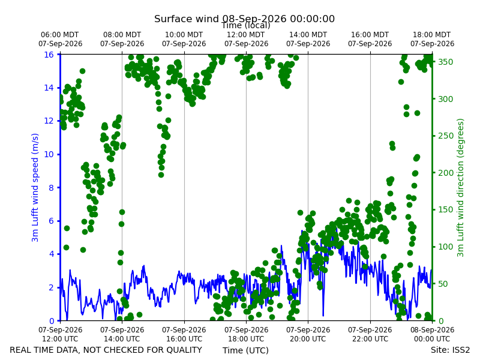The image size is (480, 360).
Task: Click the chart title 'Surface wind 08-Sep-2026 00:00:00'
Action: (244, 19)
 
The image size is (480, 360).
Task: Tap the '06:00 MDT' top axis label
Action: (59, 35)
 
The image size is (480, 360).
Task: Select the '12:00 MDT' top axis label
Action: (246, 35)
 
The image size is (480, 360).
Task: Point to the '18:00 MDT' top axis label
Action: (431, 35)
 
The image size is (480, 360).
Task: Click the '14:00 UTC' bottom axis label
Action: (122, 339)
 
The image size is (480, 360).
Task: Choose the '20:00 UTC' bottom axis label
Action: (308, 339)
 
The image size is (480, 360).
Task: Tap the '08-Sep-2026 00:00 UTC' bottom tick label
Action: (432, 334)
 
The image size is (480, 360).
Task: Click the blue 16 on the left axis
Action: (49, 55)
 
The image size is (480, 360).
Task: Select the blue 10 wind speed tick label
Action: (49, 154)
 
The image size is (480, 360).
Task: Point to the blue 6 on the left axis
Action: (52, 221)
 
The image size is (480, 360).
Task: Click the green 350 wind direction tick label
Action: (445, 62)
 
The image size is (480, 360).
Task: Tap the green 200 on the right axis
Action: (445, 173)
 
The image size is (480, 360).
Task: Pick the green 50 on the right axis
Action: (443, 284)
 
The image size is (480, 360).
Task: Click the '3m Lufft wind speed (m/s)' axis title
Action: (35, 187)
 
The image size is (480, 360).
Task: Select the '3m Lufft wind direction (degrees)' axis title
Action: (460, 188)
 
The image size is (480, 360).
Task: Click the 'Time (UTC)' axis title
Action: (245, 350)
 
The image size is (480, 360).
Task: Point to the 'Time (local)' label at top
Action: (246, 25)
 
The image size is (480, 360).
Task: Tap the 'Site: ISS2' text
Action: (450, 350)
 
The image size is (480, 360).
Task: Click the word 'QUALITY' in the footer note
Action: (182, 350)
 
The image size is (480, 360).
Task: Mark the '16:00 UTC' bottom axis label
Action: (184, 339)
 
